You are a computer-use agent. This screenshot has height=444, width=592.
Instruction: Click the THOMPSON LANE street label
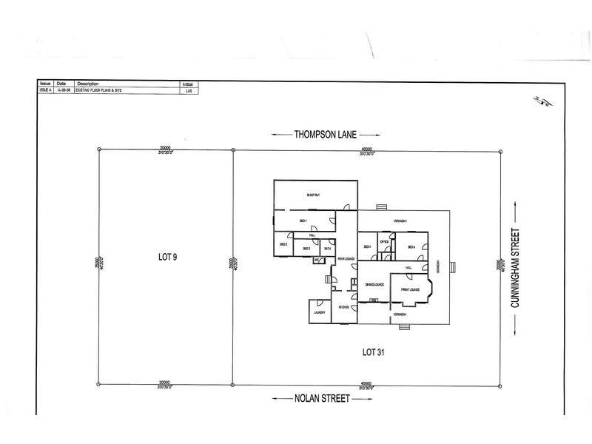pos(326,135)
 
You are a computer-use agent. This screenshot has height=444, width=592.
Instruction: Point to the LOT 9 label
pos(166,257)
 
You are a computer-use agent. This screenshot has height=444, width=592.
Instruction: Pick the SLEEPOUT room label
pos(313,195)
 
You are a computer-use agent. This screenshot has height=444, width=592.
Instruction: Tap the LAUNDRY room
pos(320,312)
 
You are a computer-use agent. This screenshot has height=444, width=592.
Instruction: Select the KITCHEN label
pos(344,306)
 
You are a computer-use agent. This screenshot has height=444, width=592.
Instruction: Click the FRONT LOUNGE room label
pos(411,289)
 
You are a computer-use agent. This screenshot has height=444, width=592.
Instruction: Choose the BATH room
pos(327,249)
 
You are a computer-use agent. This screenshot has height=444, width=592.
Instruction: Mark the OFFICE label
pos(384,242)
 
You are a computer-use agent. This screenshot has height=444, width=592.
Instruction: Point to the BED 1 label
pos(303,221)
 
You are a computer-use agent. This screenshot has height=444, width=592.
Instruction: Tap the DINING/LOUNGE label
pos(374,284)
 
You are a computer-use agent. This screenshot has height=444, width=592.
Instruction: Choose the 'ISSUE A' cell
pos(45,91)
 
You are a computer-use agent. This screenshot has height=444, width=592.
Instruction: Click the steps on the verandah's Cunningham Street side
pos(454,267)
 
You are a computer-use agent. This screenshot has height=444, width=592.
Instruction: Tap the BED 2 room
pos(282,245)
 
